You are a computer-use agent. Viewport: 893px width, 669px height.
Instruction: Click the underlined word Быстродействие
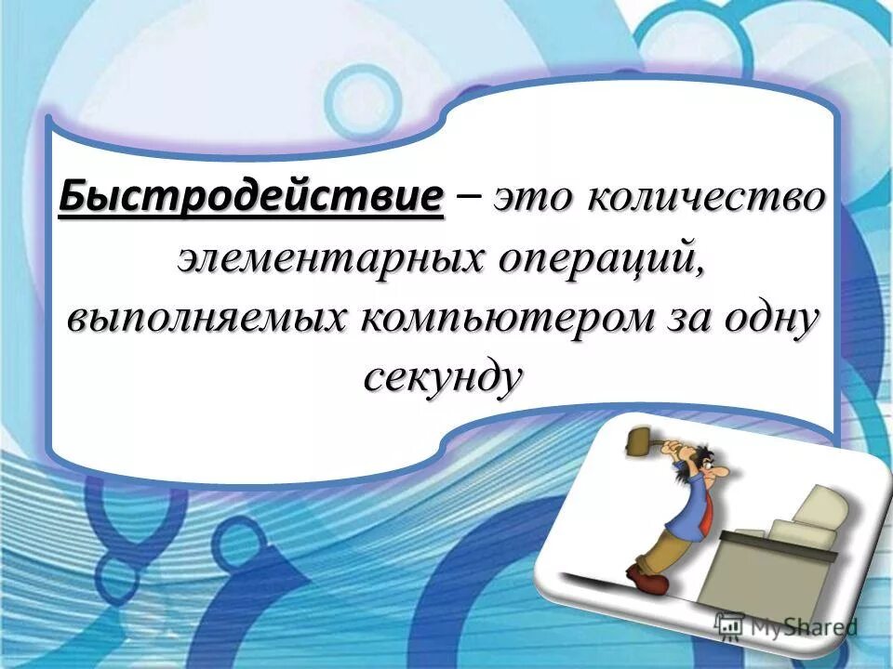click(x=251, y=198)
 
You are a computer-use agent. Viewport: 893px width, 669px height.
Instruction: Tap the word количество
click(x=707, y=198)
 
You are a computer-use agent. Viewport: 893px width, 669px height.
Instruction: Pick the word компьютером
click(x=508, y=319)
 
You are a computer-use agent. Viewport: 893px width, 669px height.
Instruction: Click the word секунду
click(x=441, y=376)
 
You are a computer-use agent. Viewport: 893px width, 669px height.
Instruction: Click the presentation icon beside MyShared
click(x=729, y=625)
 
